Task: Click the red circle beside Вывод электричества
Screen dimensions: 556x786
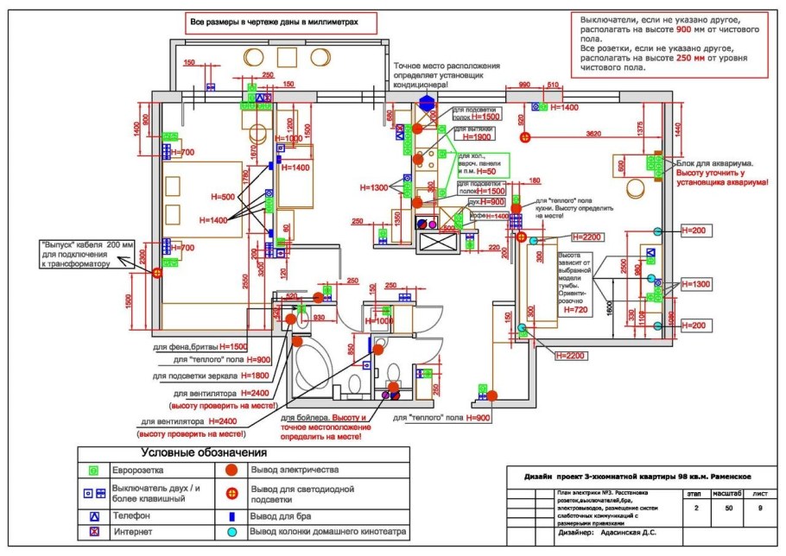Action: pos(231,471)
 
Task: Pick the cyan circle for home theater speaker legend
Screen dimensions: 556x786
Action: pos(231,532)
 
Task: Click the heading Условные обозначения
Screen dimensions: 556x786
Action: pos(204,452)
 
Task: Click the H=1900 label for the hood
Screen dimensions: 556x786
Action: pos(477,137)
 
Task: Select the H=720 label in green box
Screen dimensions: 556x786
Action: pos(574,308)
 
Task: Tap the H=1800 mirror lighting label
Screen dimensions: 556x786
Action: pos(255,376)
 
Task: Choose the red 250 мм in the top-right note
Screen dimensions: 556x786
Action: pos(690,57)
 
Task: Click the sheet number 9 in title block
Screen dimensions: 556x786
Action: pos(759,509)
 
